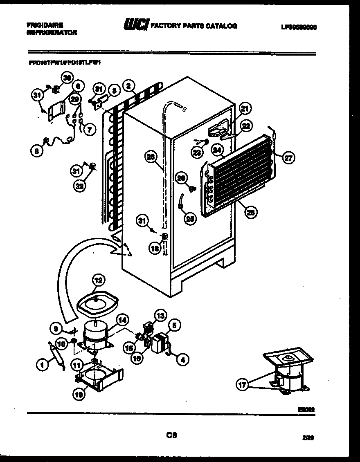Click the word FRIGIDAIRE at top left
point(45,25)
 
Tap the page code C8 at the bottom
point(171,435)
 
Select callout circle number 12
point(98,280)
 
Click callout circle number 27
point(289,157)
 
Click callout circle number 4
point(182,360)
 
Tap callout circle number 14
point(121,321)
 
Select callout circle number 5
point(174,326)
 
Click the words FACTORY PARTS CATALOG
point(193,26)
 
